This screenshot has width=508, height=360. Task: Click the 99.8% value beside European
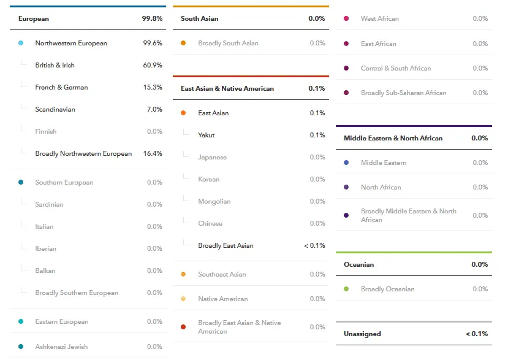tap(152, 18)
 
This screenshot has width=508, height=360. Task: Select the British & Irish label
tap(55, 65)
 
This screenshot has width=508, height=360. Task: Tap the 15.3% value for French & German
tap(153, 87)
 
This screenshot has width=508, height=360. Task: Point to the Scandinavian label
tap(55, 109)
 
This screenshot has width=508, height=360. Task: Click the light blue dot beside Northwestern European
tap(21, 43)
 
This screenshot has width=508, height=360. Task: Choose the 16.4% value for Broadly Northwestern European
tap(153, 153)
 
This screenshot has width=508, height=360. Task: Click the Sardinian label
tap(49, 204)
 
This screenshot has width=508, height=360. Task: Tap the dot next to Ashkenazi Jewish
tap(21, 347)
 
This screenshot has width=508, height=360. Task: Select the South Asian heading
tap(199, 18)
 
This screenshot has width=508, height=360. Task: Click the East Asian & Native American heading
tap(227, 88)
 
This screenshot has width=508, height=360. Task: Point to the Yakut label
tap(207, 135)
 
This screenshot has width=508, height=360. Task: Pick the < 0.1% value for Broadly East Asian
tap(314, 245)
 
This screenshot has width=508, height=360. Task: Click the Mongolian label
tap(214, 201)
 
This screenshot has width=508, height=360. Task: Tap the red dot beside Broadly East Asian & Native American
tap(183, 327)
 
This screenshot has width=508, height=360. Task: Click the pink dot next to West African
tap(346, 18)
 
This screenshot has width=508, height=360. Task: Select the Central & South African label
tap(396, 68)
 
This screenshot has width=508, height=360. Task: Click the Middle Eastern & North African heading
tap(393, 138)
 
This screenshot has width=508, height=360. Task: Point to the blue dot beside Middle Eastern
tap(346, 163)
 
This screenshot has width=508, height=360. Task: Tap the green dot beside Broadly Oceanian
tap(346, 289)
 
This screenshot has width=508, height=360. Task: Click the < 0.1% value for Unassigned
tap(477, 334)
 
